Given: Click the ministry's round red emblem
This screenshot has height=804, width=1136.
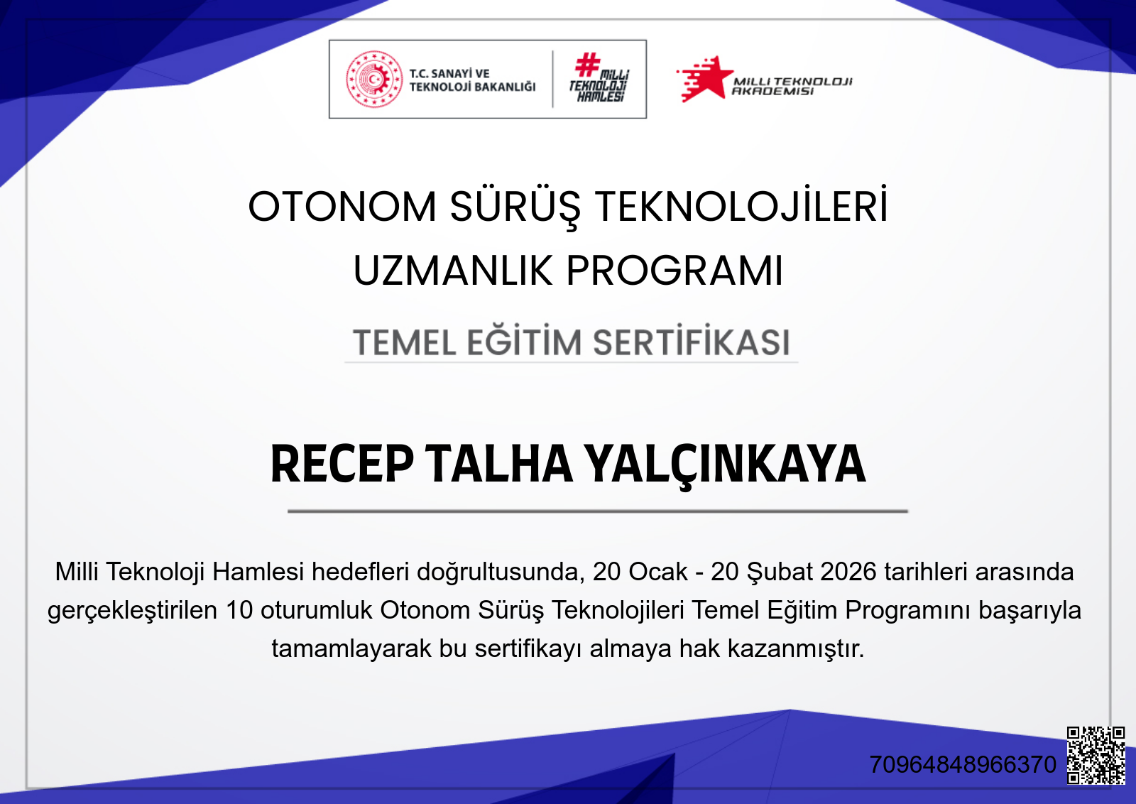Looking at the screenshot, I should (x=374, y=79).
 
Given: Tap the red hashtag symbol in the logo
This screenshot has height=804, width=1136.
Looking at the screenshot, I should (x=587, y=65).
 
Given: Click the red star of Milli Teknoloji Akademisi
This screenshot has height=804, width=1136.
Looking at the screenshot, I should (x=706, y=78).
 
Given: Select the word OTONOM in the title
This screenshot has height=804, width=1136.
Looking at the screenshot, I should (x=342, y=207).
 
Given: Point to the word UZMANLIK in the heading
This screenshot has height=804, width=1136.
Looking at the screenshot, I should (x=452, y=271).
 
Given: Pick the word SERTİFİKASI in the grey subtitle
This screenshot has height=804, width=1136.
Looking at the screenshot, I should (x=691, y=342).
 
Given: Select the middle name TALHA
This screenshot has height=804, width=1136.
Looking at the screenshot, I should (x=500, y=465).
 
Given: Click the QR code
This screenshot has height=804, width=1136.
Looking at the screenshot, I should (x=1096, y=755).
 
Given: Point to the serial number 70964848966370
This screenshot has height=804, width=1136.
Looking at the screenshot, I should (x=963, y=765).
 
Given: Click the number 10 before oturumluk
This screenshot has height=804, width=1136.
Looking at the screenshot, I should (x=239, y=610).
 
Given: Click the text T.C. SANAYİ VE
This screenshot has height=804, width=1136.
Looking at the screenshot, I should (x=449, y=73).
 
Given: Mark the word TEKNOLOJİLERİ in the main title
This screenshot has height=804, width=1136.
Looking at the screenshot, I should (x=741, y=207).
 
